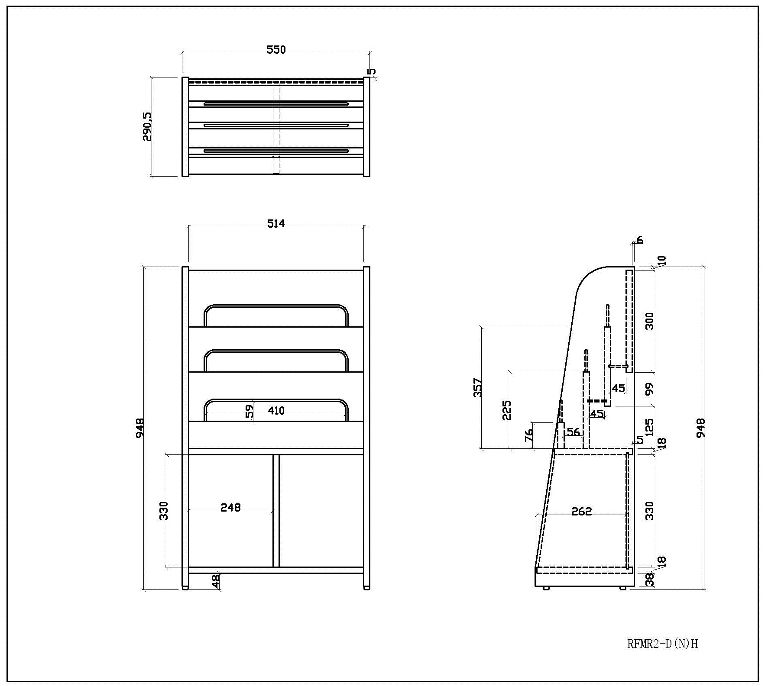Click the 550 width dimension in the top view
pos(276,49)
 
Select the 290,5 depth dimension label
pos(147,127)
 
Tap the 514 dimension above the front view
pos(276,223)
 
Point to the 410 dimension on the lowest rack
pos(276,410)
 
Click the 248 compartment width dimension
pos(230,507)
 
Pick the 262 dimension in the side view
pos(581,512)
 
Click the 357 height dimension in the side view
pos(477,388)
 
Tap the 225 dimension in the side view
pos(506,410)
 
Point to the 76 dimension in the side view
pos(529,436)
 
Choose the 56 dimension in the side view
pos(573,432)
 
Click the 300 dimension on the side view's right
pos(649,321)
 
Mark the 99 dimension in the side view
pos(649,389)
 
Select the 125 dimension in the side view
pos(649,427)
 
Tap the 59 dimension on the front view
pos(250,411)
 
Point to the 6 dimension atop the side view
pos(640,240)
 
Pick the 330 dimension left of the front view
pos(163,511)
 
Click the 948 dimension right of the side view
pos(700,428)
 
